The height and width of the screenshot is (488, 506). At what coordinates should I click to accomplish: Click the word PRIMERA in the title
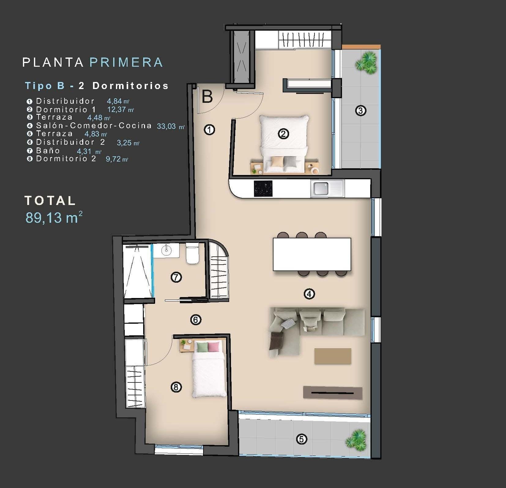[x=126, y=62]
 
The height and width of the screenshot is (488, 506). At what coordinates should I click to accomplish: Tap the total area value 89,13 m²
[x=54, y=218]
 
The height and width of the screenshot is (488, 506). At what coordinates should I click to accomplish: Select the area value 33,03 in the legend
[x=166, y=126]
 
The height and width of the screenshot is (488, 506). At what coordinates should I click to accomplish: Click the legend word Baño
[x=48, y=151]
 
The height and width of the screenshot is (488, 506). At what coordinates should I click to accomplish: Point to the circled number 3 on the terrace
[x=361, y=110]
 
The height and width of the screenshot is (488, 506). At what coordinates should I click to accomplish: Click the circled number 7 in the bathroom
[x=176, y=278]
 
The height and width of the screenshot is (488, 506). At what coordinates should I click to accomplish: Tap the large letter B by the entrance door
[x=207, y=97]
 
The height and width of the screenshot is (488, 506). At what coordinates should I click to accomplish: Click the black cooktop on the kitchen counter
[x=263, y=188]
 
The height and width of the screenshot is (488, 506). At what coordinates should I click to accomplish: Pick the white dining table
[x=312, y=254]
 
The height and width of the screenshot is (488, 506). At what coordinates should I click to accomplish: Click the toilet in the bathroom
[x=192, y=254]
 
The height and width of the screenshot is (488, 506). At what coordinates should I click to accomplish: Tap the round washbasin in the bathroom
[x=166, y=250]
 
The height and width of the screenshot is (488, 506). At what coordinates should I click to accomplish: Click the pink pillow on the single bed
[x=214, y=347]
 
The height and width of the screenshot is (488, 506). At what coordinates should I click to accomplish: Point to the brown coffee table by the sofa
[x=333, y=356]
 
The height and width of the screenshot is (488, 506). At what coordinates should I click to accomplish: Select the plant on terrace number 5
[x=356, y=440]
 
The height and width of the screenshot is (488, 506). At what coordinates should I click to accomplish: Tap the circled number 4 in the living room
[x=309, y=294]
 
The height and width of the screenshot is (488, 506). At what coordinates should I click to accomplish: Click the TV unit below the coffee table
[x=333, y=393]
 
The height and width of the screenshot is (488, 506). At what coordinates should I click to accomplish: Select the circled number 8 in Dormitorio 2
[x=176, y=387]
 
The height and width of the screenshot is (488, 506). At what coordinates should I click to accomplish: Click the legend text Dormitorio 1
[x=66, y=110]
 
